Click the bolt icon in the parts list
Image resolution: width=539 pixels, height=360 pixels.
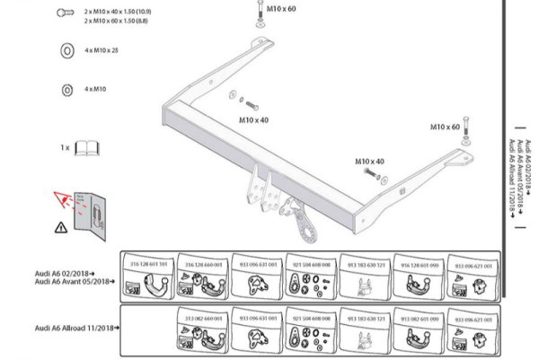[65, 13]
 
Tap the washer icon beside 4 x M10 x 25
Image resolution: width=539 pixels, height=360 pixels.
[66, 51]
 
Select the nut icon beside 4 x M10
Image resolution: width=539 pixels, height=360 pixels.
[66, 90]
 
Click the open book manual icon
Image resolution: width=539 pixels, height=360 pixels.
[87, 147]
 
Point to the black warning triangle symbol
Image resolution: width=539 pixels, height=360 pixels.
[59, 226]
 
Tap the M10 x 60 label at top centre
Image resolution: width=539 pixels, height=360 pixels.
[281, 9]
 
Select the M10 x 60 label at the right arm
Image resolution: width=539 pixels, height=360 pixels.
[444, 127]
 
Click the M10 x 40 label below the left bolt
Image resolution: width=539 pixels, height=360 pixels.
[253, 119]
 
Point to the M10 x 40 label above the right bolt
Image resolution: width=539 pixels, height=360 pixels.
[369, 162]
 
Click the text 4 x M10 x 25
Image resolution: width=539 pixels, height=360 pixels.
[102, 50]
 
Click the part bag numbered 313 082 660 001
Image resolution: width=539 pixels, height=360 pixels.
[203, 331]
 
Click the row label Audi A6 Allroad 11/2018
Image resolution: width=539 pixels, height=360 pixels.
[76, 329]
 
